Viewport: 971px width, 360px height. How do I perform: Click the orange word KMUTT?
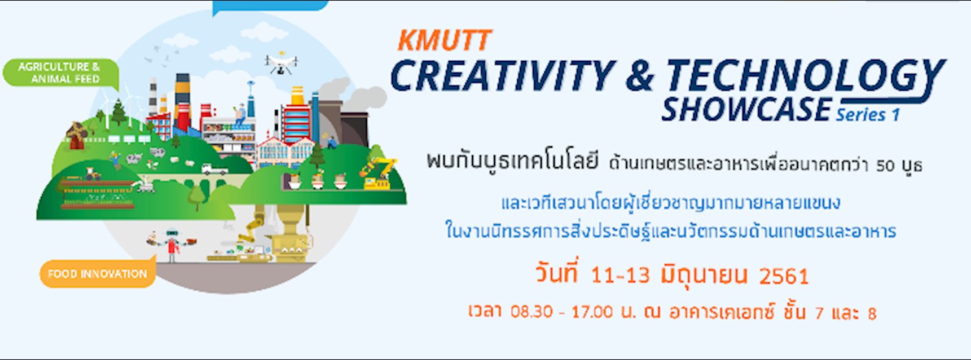(x=444, y=41)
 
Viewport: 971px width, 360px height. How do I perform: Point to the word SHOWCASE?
(x=745, y=109)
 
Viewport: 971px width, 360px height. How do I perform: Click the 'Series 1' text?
(x=867, y=114)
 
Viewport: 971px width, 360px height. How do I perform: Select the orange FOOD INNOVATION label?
(x=97, y=273)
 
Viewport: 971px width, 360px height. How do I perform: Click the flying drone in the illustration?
(x=281, y=62)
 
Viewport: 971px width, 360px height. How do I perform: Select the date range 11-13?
(x=616, y=276)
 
